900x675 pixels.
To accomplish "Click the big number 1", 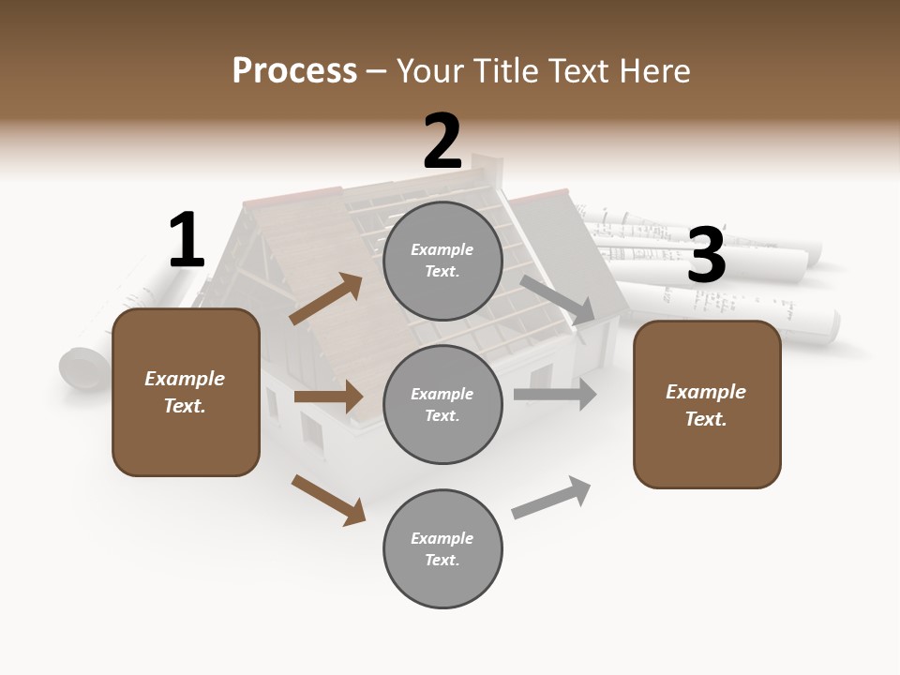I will click(x=187, y=240).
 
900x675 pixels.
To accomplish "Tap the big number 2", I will click(x=442, y=142).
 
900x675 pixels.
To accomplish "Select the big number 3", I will click(x=706, y=256).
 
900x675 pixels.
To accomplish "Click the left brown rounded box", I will click(x=186, y=392).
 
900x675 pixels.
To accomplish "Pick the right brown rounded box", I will click(x=707, y=404).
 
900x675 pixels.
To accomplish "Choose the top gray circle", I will click(x=442, y=261).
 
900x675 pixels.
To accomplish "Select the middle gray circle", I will click(x=442, y=404).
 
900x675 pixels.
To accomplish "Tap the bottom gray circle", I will click(x=442, y=548).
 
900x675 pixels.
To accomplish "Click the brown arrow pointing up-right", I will click(x=326, y=299).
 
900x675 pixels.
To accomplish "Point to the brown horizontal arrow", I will click(x=328, y=397).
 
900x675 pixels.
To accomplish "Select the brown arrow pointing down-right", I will click(x=328, y=500).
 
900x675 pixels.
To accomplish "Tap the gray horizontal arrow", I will click(x=555, y=395).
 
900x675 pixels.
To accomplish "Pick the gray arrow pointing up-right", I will click(x=551, y=497).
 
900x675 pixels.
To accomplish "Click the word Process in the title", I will click(x=294, y=70).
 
